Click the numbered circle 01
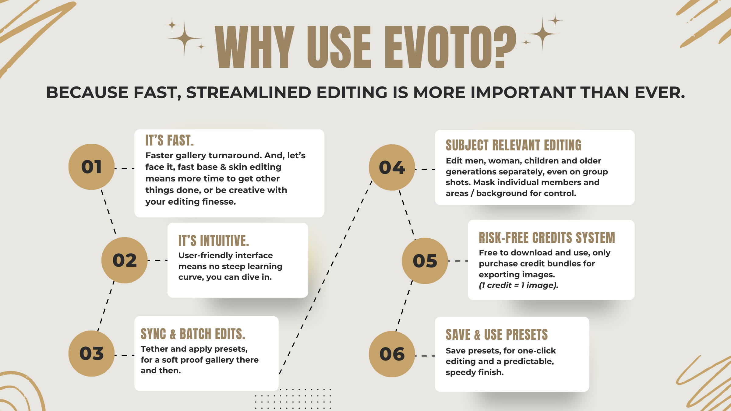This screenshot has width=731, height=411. (91, 167)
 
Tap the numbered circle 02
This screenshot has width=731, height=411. (125, 260)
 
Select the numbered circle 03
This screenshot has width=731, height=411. (91, 354)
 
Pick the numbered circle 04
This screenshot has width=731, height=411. (392, 167)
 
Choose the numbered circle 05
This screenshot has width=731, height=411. (425, 261)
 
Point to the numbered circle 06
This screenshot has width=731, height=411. (392, 354)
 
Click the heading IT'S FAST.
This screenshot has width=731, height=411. (169, 140)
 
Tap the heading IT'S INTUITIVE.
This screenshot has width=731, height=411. (214, 241)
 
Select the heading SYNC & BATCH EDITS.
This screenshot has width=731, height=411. (193, 334)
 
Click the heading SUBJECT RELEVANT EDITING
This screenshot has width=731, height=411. (514, 145)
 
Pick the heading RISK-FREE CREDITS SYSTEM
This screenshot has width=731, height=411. (547, 238)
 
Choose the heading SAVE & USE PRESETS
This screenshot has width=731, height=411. (497, 335)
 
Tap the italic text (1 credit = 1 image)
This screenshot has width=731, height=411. (518, 285)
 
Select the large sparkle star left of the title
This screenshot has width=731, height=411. (184, 38)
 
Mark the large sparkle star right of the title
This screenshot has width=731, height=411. (542, 33)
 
